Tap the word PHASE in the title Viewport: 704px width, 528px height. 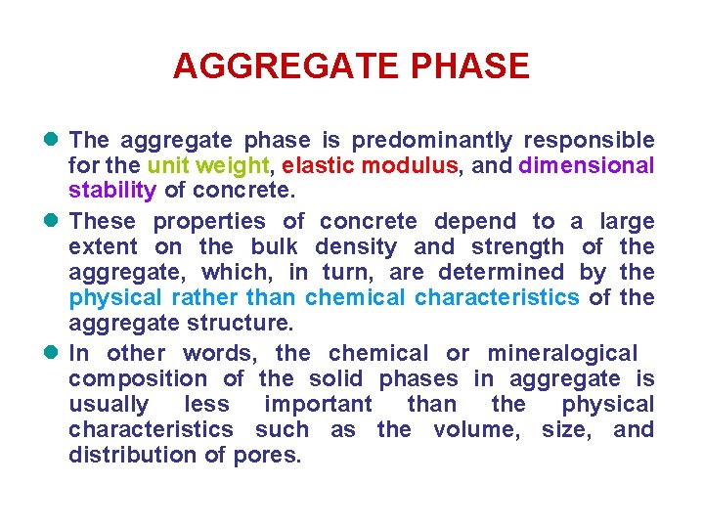pos(471,66)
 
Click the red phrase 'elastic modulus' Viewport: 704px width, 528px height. pos(370,166)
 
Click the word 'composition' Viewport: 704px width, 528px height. pos(138,378)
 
